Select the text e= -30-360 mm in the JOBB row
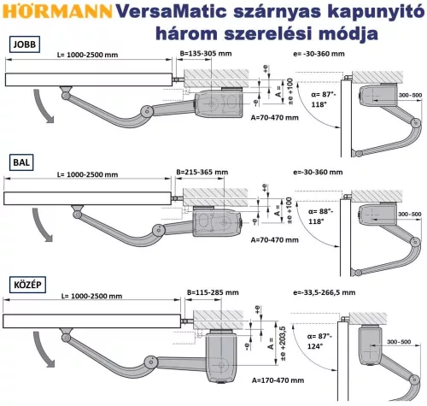point(320,54)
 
